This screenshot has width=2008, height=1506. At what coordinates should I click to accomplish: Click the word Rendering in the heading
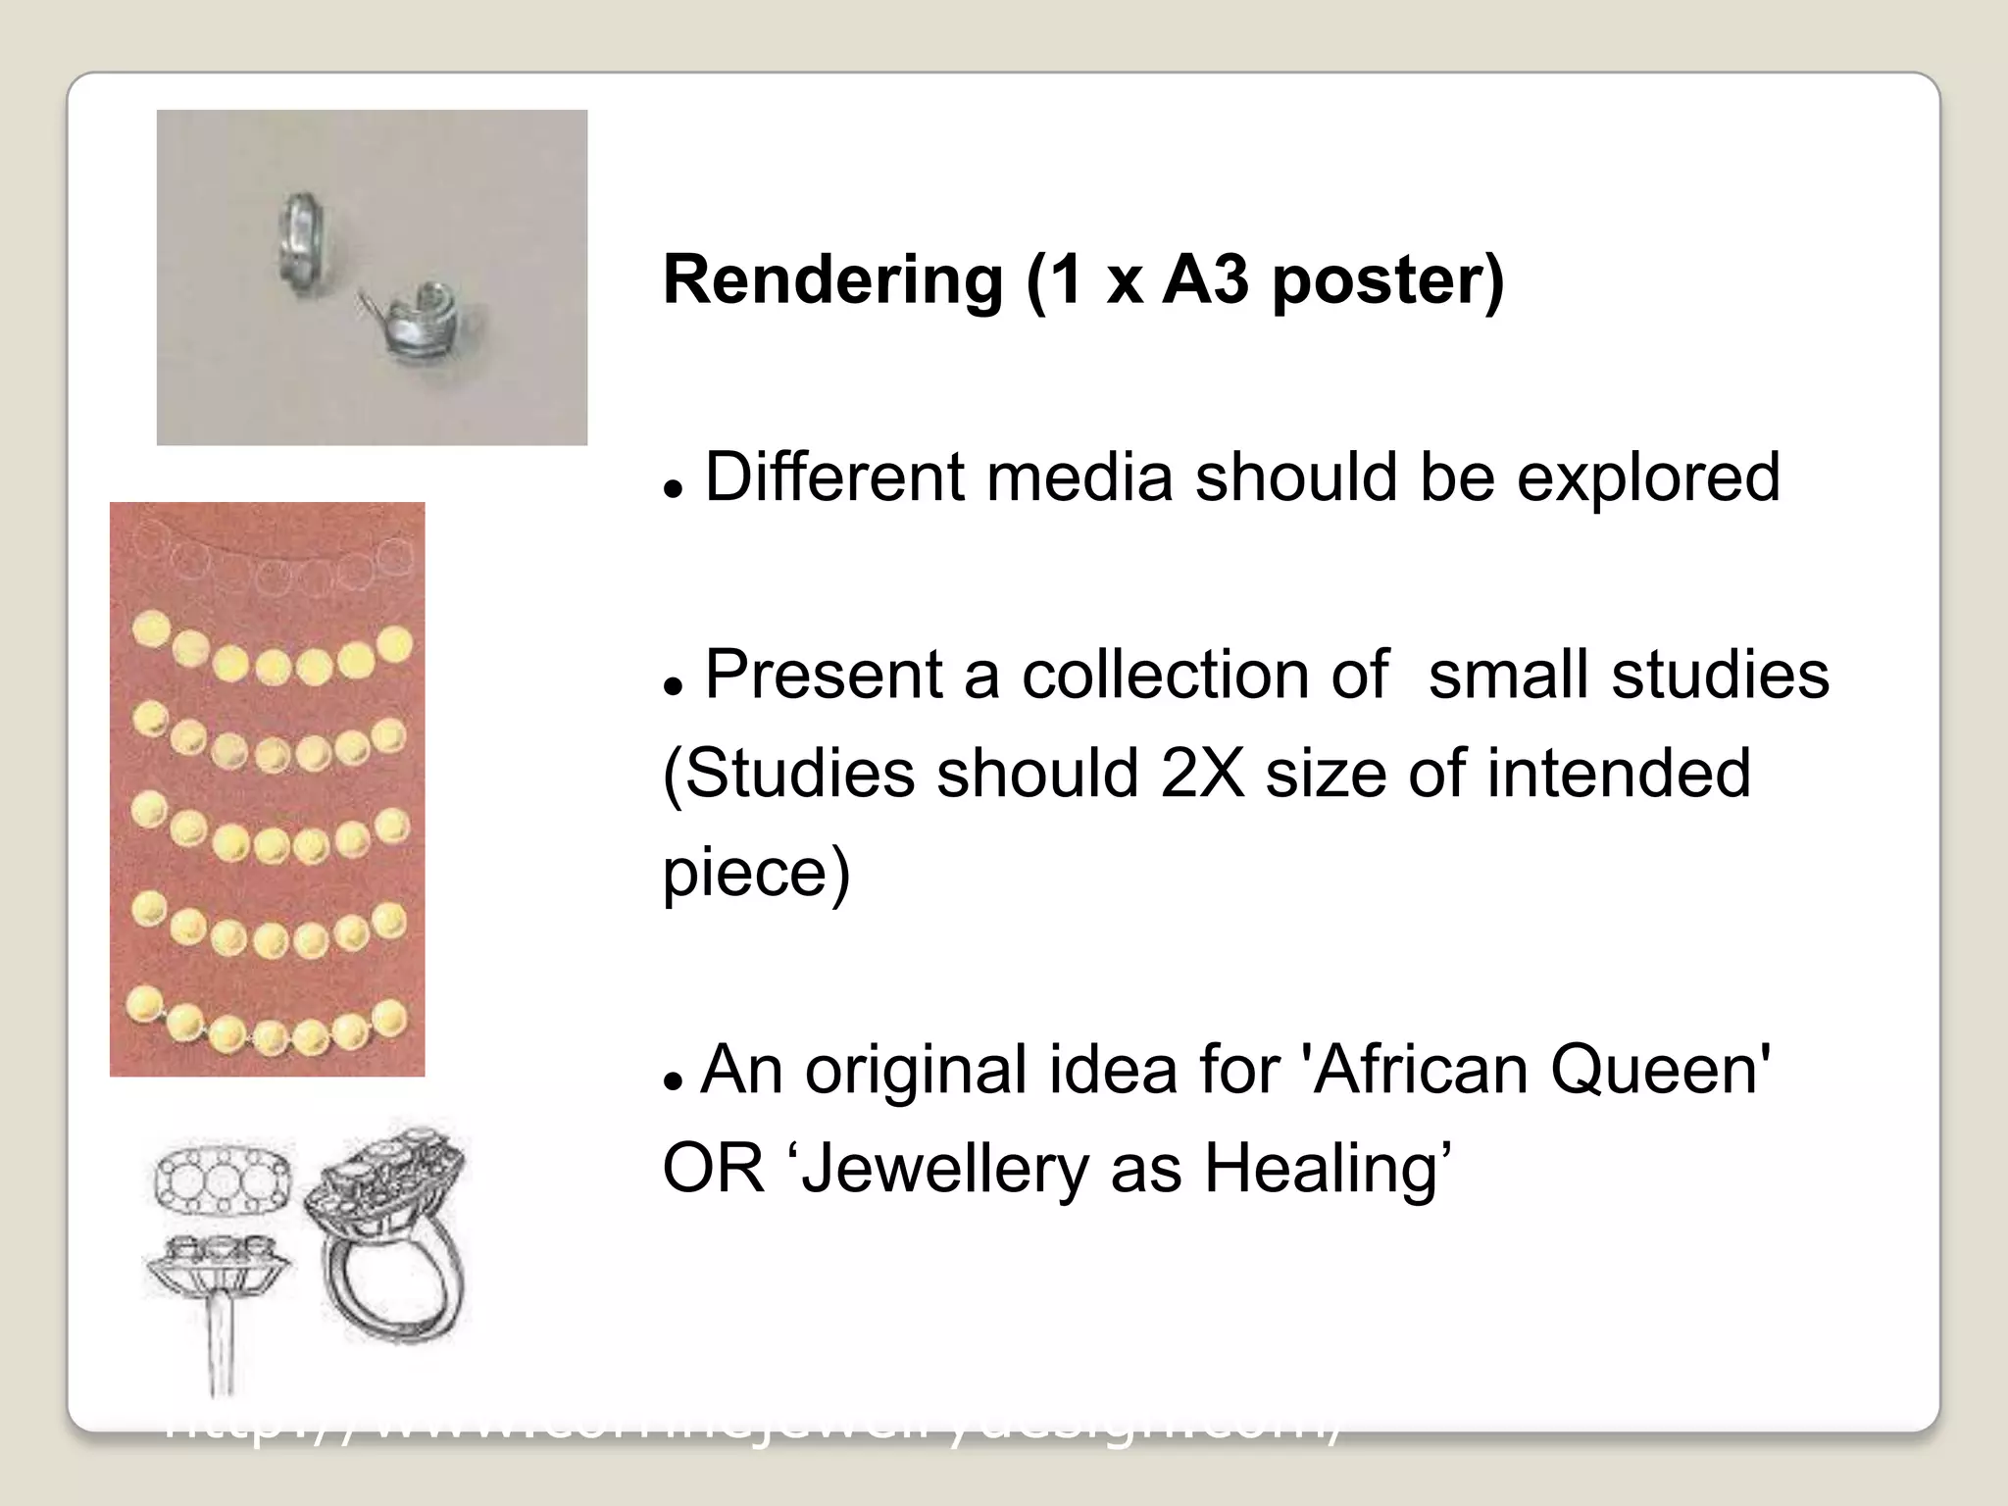[x=832, y=281]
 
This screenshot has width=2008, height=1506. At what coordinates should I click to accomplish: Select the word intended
[x=1618, y=774]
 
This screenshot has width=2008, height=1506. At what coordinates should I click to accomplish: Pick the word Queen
[x=1659, y=1070]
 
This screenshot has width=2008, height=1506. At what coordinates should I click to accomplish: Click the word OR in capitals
[x=713, y=1170]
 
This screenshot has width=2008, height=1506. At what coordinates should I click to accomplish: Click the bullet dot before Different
[x=673, y=487]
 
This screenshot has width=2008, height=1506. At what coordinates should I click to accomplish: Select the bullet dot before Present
[x=673, y=685]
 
